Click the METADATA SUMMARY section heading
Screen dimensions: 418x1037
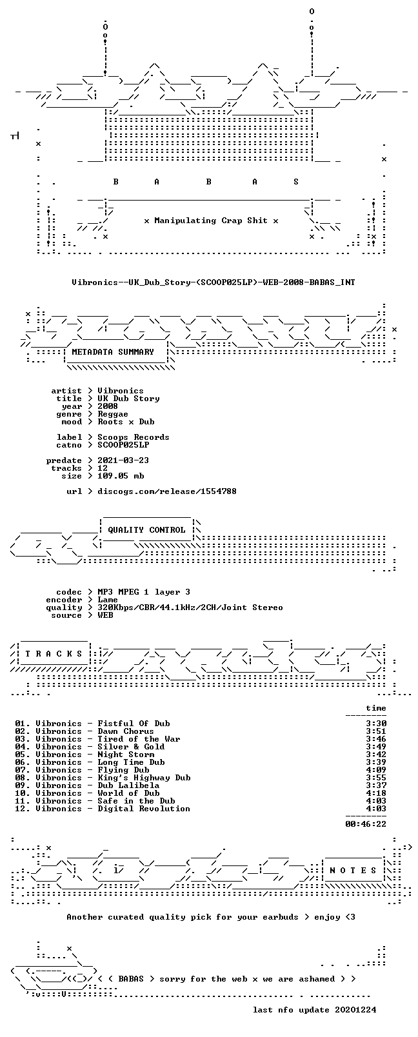pos(112,352)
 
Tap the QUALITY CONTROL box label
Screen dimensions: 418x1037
pos(146,529)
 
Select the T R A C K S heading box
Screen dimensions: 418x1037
pos(54,654)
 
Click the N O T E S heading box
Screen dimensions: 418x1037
pos(353,871)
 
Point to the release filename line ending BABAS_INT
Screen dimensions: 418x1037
pos(214,282)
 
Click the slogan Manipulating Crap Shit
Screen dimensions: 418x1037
pos(211,221)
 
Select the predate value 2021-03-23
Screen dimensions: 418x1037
pos(123,460)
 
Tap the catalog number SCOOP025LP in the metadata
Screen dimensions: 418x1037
pos(123,445)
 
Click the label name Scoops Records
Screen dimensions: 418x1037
pos(134,437)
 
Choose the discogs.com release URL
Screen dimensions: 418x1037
pos(167,491)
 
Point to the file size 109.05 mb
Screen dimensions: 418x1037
pos(121,476)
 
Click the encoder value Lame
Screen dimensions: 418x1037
pos(108,600)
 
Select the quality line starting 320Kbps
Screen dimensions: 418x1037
pos(190,607)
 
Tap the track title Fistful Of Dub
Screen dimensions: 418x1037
pos(134,724)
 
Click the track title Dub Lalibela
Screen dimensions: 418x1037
pos(128,785)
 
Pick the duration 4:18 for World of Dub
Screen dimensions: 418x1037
pos(376,793)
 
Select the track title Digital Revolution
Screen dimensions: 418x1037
pos(144,809)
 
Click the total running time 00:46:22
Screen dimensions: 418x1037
pos(366,824)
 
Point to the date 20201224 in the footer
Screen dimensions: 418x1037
pos(355,1010)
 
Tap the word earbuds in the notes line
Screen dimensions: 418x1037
pos(281,917)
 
